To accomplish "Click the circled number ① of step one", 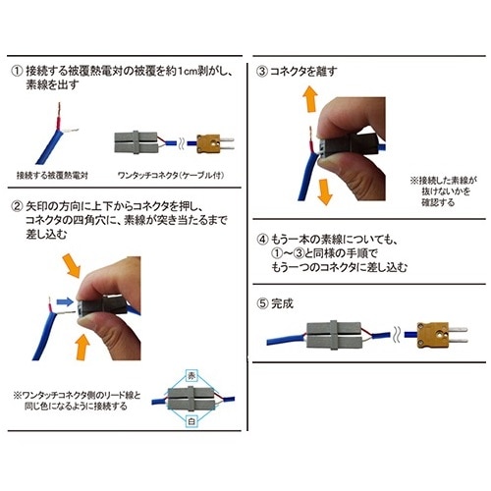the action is pyautogui.click(x=17, y=72).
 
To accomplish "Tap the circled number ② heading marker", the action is pyautogui.click(x=17, y=206).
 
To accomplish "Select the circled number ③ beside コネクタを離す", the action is pyautogui.click(x=262, y=72).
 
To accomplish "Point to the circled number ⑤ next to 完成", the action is pyautogui.click(x=262, y=303).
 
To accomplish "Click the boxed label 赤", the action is pyautogui.click(x=191, y=376).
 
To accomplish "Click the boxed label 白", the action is pyautogui.click(x=191, y=421).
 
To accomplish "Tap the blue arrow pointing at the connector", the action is pyautogui.click(x=65, y=301).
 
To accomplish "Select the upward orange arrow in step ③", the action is pyautogui.click(x=310, y=99).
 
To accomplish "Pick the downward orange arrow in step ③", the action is pyautogui.click(x=325, y=191).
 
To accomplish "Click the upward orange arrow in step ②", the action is pyautogui.click(x=82, y=347).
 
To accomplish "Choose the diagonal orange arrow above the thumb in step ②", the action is pyautogui.click(x=72, y=265).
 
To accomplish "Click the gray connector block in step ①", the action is pyautogui.click(x=136, y=142).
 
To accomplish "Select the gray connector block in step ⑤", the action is pyautogui.click(x=334, y=335).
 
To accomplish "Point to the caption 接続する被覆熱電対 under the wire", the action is pyautogui.click(x=52, y=176).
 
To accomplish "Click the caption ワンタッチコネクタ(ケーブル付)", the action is pyautogui.click(x=171, y=176).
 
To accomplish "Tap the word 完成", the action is pyautogui.click(x=282, y=303).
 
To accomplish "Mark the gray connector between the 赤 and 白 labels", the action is pyautogui.click(x=191, y=399).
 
